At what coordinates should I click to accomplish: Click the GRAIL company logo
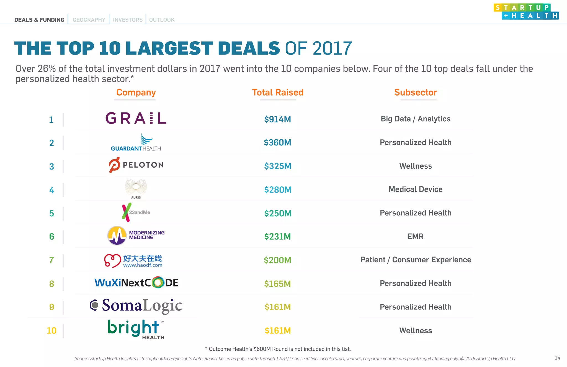click(x=136, y=118)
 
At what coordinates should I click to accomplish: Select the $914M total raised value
click(x=277, y=119)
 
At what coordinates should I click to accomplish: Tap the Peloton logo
click(x=136, y=165)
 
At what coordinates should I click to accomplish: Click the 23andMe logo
click(x=136, y=212)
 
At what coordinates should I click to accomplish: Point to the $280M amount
click(x=278, y=190)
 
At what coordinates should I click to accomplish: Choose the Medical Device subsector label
click(x=415, y=189)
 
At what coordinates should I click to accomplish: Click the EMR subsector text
click(x=415, y=236)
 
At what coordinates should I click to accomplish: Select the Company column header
click(x=136, y=93)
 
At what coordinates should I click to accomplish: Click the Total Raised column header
click(x=278, y=93)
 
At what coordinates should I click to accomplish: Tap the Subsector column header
click(x=415, y=93)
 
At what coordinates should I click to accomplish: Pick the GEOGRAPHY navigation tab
click(x=89, y=20)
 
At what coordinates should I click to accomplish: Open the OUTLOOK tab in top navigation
click(x=162, y=20)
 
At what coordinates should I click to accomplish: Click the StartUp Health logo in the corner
click(x=526, y=12)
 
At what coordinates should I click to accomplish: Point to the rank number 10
click(x=51, y=330)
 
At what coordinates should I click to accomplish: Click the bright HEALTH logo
click(x=136, y=329)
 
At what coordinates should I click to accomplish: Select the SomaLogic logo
click(x=136, y=306)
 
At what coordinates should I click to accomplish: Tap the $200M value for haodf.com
click(x=277, y=260)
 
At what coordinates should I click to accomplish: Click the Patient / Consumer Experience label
click(x=415, y=260)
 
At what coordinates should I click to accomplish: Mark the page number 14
click(x=557, y=358)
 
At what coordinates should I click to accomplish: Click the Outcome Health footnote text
click(x=278, y=349)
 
